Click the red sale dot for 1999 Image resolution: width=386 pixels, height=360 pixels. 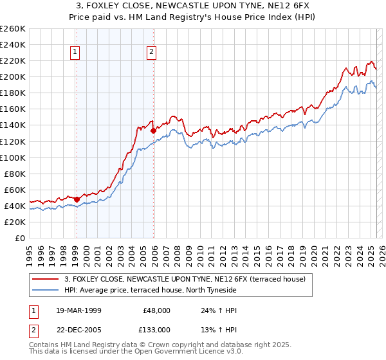click(x=77, y=199)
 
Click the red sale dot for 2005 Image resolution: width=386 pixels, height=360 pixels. click(x=154, y=130)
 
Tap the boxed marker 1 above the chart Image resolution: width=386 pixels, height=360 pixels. click(x=76, y=53)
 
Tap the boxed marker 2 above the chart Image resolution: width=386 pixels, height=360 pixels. click(x=151, y=53)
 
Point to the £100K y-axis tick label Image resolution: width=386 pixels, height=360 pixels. click(x=12, y=157)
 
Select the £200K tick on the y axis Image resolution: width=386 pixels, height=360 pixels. click(x=12, y=76)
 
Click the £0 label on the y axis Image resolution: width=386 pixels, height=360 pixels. click(x=20, y=238)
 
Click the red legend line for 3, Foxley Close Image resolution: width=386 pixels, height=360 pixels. click(x=46, y=278)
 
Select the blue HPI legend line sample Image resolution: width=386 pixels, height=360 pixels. click(x=46, y=290)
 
